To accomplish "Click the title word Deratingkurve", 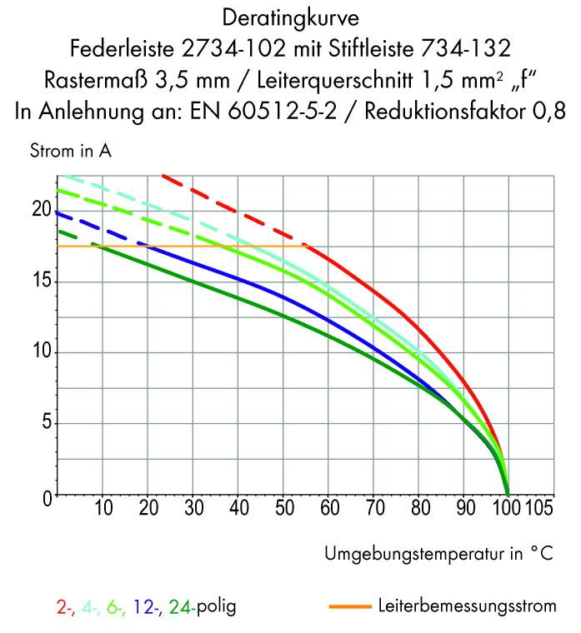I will (289, 16).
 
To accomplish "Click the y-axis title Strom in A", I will (70, 152).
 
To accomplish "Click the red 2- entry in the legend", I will (66, 607).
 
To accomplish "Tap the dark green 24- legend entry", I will (183, 607).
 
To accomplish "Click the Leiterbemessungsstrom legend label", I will (467, 606).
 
